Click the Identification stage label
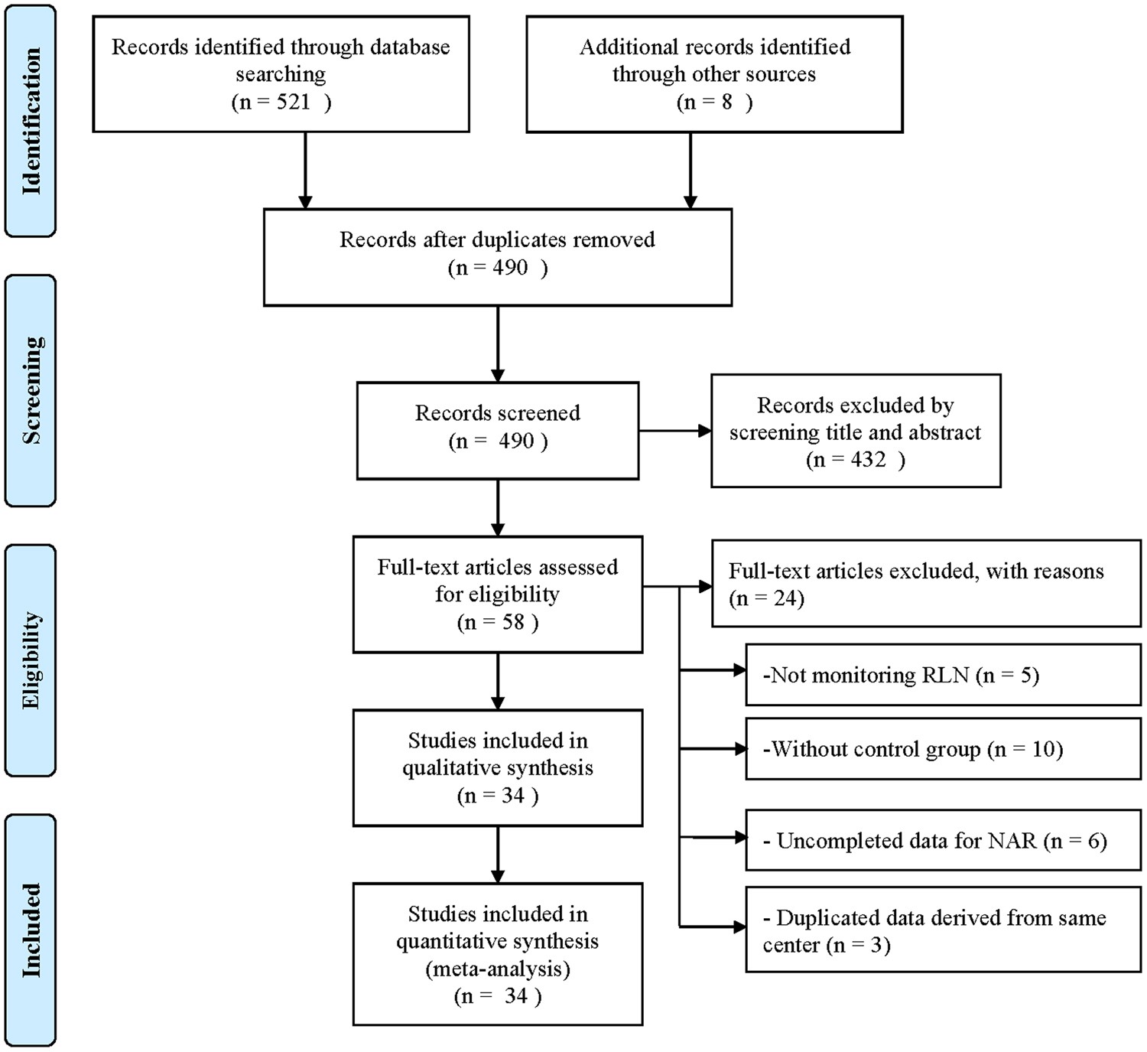coord(31,121)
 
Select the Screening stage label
coord(31,390)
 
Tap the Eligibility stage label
coord(31,660)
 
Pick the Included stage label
coord(31,930)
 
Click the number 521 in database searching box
coord(293,102)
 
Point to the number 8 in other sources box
coord(726,102)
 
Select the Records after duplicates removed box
coord(497,257)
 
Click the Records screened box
coord(497,430)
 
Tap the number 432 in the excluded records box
coord(868,460)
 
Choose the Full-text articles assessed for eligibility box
coord(497,594)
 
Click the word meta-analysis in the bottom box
coord(498,969)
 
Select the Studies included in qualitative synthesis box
coord(497,767)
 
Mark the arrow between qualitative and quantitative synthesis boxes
coord(498,854)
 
